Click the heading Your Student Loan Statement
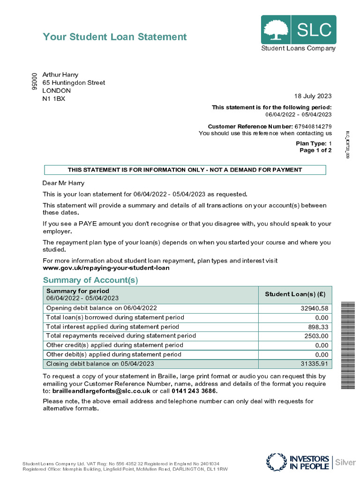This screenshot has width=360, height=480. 115,37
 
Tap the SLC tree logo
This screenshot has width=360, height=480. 277,30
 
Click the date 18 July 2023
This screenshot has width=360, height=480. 313,97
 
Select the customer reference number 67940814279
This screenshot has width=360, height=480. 313,127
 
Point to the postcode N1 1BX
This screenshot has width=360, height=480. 54,98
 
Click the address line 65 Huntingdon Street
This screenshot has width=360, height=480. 74,82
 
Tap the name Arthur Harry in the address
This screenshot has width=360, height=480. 60,75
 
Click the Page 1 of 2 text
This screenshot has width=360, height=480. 315,150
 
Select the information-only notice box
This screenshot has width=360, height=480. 185,170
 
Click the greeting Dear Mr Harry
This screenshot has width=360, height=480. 64,183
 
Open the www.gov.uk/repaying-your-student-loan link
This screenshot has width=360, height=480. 106,268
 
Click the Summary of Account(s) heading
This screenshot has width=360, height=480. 90,280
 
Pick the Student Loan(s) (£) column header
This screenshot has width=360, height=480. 295,294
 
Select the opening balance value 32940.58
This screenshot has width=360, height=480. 314,308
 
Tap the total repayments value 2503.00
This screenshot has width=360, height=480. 316,336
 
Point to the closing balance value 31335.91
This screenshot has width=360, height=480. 314,364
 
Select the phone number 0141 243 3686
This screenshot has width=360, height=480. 194,390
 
